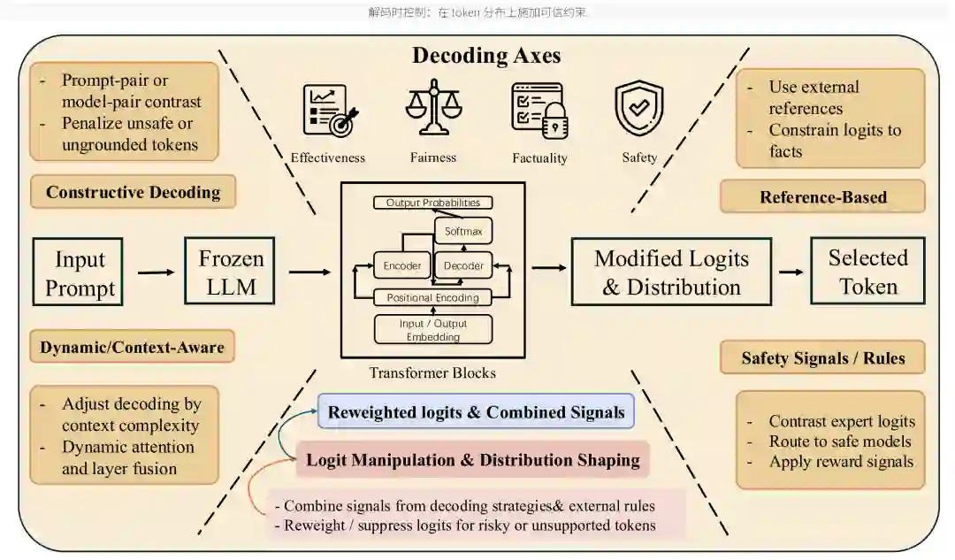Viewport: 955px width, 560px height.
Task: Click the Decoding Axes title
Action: [486, 56]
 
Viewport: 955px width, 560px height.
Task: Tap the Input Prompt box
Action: [78, 272]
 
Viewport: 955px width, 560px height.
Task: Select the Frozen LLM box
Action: [230, 271]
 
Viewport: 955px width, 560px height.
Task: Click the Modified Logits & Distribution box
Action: [671, 272]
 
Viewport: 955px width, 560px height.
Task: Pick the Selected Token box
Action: [867, 272]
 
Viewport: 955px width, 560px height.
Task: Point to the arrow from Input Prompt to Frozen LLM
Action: [156, 272]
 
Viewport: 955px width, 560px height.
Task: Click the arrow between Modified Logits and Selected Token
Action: [791, 272]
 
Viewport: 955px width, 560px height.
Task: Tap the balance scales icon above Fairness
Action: [433, 107]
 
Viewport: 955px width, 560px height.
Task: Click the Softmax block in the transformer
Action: [463, 232]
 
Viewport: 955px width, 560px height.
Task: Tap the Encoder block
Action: [402, 265]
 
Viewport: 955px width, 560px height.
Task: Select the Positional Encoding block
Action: [433, 297]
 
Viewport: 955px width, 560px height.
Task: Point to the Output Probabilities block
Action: [433, 203]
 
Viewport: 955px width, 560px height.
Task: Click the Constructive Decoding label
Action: [133, 192]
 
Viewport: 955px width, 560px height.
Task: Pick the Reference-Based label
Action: [823, 196]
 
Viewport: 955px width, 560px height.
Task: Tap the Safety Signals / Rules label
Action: [823, 357]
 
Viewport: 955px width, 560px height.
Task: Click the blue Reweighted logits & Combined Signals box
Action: [476, 411]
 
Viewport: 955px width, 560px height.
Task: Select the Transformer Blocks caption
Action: [432, 372]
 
